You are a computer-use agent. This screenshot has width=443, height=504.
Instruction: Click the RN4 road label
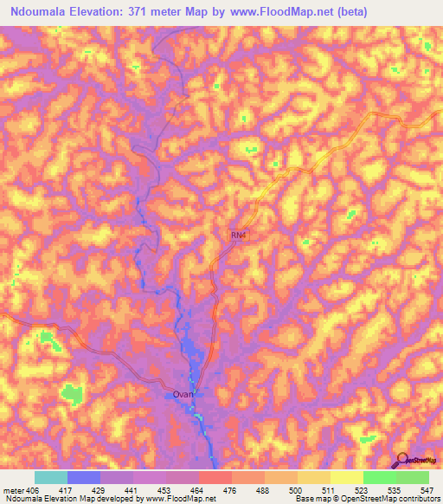[x=239, y=235]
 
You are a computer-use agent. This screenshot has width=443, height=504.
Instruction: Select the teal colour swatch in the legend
[x=51, y=477]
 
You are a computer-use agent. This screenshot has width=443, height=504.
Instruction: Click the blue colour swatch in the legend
[x=84, y=477]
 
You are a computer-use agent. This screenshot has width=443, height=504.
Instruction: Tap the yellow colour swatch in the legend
[x=347, y=477]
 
